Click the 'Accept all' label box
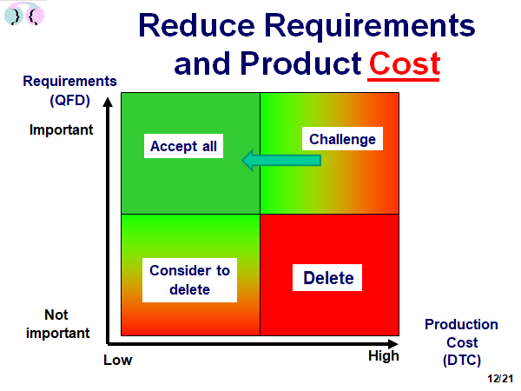[183, 146]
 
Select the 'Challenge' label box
[342, 139]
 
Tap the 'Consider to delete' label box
[189, 280]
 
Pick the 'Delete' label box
[327, 278]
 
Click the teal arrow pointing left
[281, 160]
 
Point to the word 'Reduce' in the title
[197, 25]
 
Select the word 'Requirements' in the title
[370, 26]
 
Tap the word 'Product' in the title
[300, 63]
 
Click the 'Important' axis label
[61, 129]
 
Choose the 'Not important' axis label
[57, 323]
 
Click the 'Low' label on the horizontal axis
[117, 360]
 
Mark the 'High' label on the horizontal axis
[384, 356]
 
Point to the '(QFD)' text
[69, 100]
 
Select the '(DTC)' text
[462, 360]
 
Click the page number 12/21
[500, 378]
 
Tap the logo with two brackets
[24, 14]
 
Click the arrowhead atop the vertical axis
[108, 102]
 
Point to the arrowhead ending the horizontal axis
[392, 344]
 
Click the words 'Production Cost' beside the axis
[462, 333]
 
